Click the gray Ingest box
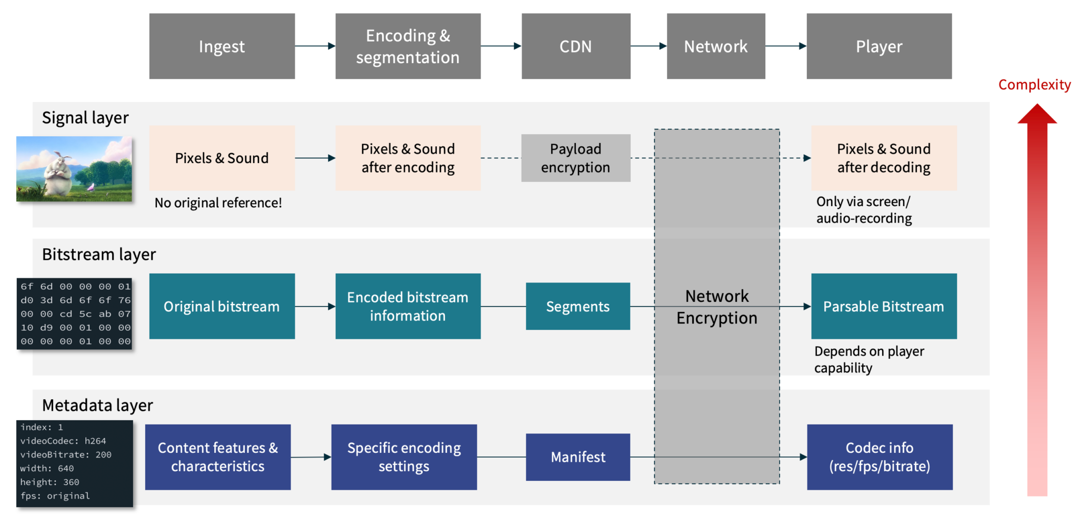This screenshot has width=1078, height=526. point(222,46)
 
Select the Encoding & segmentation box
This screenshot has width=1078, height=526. point(407,46)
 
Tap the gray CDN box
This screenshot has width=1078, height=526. point(575,46)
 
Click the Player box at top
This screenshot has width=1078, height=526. point(879,46)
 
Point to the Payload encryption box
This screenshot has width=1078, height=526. point(575,158)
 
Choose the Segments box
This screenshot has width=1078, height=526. point(577,306)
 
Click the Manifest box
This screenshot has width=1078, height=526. point(577,457)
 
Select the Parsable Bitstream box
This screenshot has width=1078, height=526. point(883,306)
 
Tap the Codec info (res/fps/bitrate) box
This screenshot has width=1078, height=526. point(879,457)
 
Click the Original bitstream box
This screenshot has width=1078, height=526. point(222,306)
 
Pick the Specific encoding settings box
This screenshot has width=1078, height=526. point(404,457)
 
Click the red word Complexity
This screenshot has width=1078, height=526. point(1034,85)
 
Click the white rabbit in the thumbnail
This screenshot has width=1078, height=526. point(59,168)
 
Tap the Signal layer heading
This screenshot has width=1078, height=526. point(85,117)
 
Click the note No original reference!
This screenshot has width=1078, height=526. point(218,203)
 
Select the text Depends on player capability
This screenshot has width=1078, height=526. point(869,359)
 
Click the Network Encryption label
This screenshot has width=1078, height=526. point(716,307)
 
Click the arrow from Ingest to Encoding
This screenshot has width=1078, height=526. point(315,46)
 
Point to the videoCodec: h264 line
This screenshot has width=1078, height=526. point(63,441)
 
